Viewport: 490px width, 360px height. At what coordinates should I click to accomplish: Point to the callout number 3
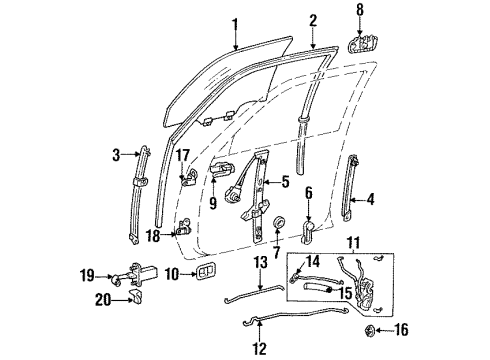click(x=117, y=153)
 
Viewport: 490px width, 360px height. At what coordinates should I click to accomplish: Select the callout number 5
click(x=285, y=182)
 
